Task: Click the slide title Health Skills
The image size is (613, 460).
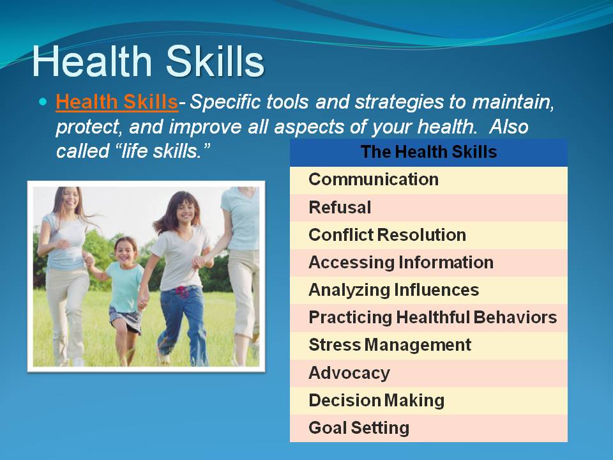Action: (148, 61)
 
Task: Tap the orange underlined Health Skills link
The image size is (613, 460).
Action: (117, 102)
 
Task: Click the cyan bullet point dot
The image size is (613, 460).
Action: (43, 102)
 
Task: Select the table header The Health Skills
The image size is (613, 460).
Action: (428, 152)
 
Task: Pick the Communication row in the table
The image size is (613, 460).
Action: (428, 180)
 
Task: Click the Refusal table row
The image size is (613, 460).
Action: (428, 208)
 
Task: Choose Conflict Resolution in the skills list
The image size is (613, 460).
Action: (428, 235)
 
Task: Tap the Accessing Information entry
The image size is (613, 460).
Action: (428, 263)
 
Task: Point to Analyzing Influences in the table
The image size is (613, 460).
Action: (428, 290)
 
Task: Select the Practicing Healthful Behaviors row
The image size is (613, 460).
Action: (428, 318)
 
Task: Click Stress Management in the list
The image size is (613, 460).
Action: (428, 346)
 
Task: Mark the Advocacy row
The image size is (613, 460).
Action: (428, 373)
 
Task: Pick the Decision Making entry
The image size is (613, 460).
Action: (428, 401)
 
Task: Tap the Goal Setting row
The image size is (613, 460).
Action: (428, 428)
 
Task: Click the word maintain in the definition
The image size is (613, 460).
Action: (513, 102)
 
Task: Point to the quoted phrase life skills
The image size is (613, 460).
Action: (133, 151)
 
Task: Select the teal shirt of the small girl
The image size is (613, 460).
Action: (125, 287)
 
